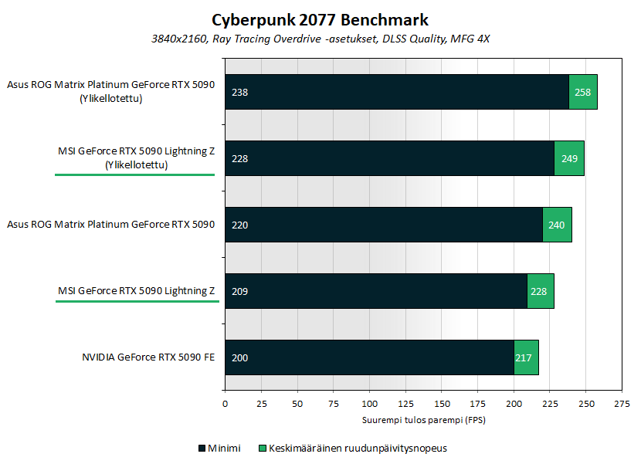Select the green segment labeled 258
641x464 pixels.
point(583,92)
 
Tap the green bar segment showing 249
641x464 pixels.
point(569,158)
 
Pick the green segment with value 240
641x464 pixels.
point(557,225)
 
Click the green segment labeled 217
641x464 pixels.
point(526,357)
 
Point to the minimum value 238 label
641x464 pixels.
point(239,92)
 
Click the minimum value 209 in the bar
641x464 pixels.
point(239,291)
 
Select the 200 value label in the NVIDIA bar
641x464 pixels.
point(239,357)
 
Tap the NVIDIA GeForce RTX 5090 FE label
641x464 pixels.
point(148,357)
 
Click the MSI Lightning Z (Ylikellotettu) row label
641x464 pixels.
point(136,157)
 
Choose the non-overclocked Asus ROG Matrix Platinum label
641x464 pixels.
point(110,225)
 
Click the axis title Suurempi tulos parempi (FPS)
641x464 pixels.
point(422,420)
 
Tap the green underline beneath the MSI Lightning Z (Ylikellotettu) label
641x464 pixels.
point(134,175)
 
